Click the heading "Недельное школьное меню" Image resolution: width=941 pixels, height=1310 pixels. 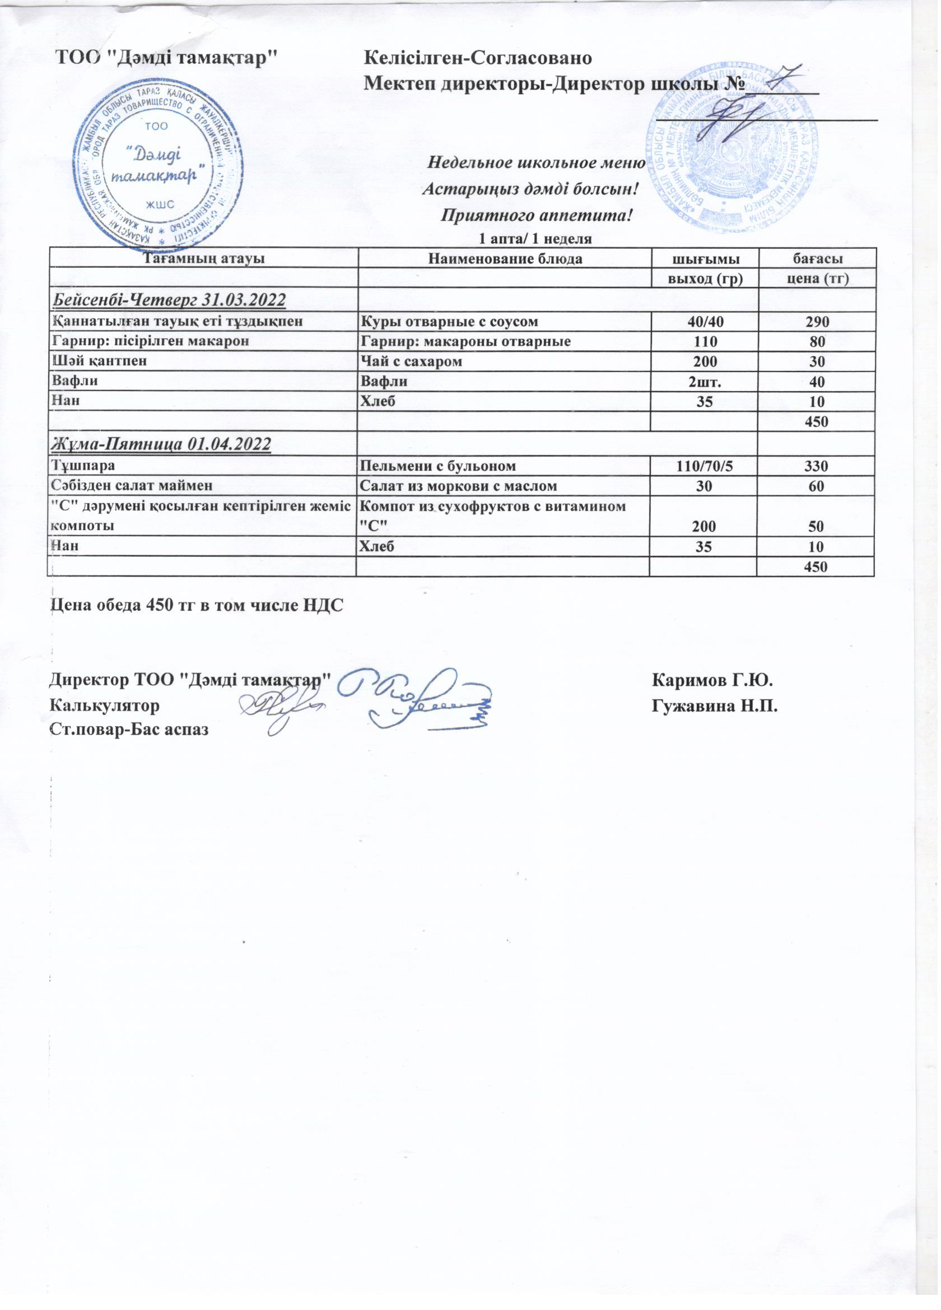[x=534, y=162]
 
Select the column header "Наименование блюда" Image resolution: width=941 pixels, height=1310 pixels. [x=504, y=258]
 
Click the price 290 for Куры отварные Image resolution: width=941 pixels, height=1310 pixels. [x=815, y=320]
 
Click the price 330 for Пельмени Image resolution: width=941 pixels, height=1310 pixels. [x=815, y=465]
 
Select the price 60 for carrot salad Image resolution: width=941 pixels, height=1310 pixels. [x=815, y=485]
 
